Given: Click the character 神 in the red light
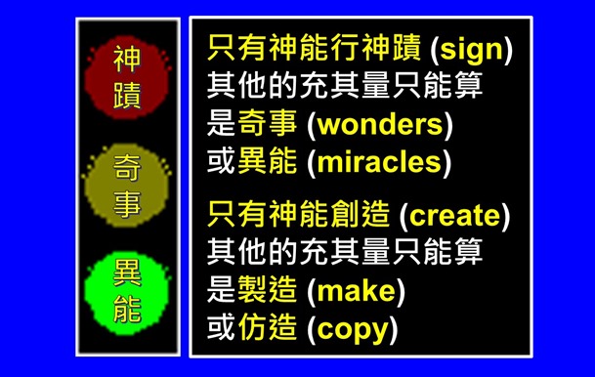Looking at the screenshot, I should click(127, 60).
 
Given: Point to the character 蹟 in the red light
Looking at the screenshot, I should click(127, 97).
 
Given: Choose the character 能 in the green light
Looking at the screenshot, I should click(127, 310).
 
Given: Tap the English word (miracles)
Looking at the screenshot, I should click(379, 161).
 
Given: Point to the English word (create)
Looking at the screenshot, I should click(455, 215).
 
